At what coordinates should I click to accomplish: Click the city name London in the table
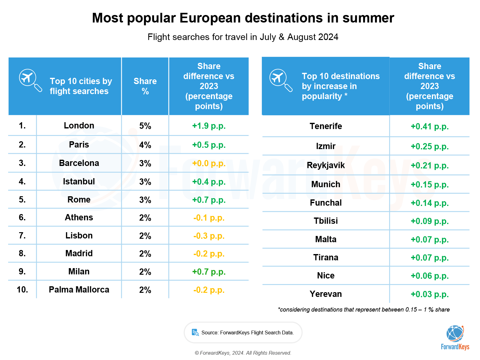click(x=79, y=126)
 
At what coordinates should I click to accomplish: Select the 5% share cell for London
click(x=145, y=126)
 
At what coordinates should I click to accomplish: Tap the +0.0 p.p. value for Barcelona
click(x=209, y=163)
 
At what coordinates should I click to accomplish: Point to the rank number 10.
click(x=22, y=290)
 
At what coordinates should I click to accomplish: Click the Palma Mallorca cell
click(x=79, y=290)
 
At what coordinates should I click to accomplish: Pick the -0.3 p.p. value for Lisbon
click(x=209, y=236)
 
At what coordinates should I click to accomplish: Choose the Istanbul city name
click(x=79, y=182)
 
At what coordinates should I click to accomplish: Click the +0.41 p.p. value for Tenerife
click(x=429, y=127)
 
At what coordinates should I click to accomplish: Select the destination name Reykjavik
click(x=326, y=165)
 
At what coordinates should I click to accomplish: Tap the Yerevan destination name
click(x=326, y=294)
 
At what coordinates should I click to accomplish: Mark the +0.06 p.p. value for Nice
click(x=429, y=276)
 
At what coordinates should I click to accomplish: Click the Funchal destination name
click(x=326, y=203)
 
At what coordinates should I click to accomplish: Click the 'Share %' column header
click(x=145, y=86)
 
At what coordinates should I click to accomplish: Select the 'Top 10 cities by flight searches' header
click(x=81, y=86)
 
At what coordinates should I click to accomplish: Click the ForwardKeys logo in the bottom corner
click(x=455, y=338)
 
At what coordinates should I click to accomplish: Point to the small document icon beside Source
click(x=195, y=332)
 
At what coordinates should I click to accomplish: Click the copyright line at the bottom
click(x=243, y=353)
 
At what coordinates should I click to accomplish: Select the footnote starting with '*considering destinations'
click(x=364, y=310)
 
